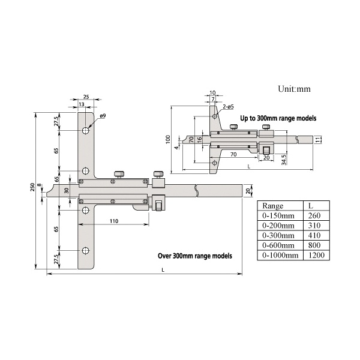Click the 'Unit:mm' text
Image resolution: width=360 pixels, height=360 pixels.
294,88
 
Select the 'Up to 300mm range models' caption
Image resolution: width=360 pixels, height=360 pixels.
278,118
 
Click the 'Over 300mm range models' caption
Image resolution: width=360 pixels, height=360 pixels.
194,255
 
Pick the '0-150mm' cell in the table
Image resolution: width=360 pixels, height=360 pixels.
279,215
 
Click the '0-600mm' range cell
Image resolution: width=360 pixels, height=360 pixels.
279,245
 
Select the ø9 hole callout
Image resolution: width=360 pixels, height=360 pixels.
103,116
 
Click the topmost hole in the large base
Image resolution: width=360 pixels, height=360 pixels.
86,130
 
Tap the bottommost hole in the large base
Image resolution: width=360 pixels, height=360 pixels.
86,250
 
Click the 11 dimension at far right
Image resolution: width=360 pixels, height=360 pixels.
319,139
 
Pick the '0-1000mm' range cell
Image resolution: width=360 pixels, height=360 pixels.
281,256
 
